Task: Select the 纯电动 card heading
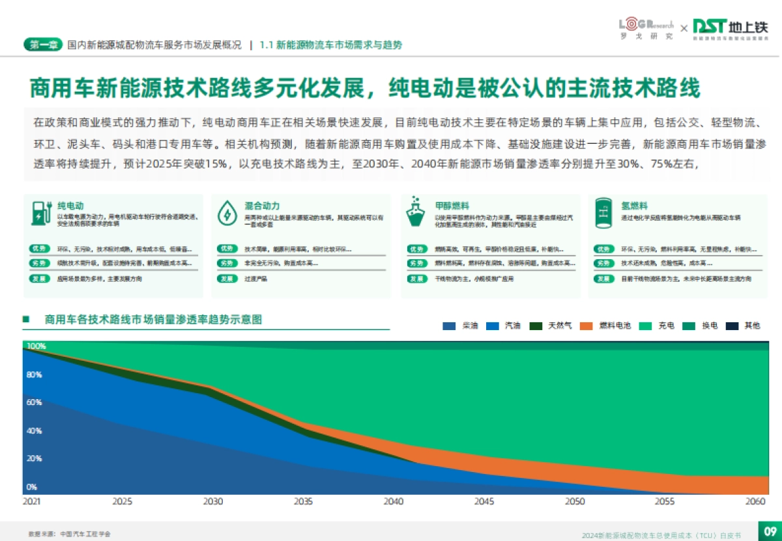point(70,206)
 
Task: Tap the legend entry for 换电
point(702,326)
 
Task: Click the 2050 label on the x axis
point(574,501)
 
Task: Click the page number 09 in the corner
point(769,530)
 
